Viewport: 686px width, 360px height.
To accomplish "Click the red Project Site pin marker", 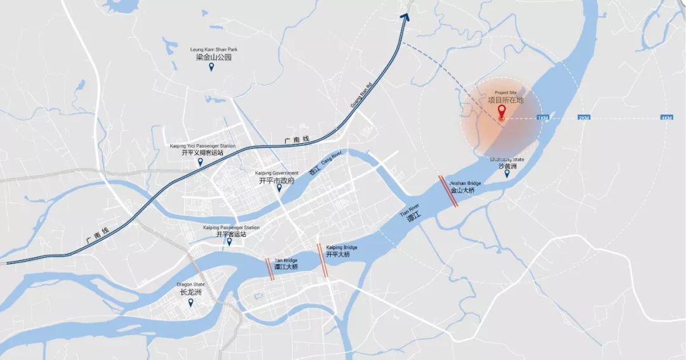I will pyautogui.click(x=502, y=112).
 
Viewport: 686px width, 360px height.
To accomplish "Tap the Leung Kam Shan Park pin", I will pyautogui.click(x=212, y=67).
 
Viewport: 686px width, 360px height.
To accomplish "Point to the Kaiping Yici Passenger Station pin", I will pyautogui.click(x=201, y=162).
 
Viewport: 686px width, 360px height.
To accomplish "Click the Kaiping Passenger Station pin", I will pyautogui.click(x=229, y=242).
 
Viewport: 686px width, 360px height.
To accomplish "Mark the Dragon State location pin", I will pyautogui.click(x=191, y=303).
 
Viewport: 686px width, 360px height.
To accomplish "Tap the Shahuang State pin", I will pyautogui.click(x=507, y=173).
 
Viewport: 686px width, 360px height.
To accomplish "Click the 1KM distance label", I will pyautogui.click(x=542, y=118).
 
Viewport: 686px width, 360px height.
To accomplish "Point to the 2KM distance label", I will pyautogui.click(x=584, y=118).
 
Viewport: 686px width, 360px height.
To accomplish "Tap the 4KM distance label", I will pyautogui.click(x=666, y=118).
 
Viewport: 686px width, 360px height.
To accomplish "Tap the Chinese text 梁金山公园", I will pyautogui.click(x=213, y=57).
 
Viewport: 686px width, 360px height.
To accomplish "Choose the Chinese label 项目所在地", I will pyautogui.click(x=506, y=100).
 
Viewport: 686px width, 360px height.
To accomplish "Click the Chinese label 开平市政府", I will pyautogui.click(x=277, y=181).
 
